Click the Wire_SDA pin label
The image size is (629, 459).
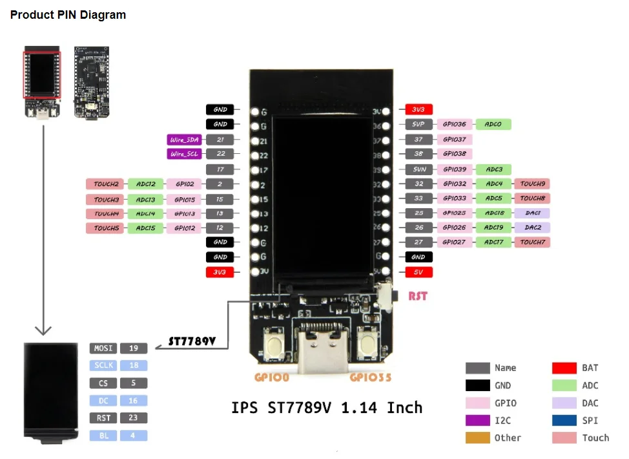coord(183,140)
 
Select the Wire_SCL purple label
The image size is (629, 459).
coord(183,154)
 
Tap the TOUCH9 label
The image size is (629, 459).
coord(533,184)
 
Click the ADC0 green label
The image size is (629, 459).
coord(493,124)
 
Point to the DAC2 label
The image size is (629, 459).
coord(533,228)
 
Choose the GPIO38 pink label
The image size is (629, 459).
coord(455,154)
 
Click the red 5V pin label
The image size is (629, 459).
coord(418,272)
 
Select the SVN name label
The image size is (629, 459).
coord(418,169)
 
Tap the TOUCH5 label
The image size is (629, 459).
coord(106,228)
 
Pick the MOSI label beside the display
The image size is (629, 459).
coord(103,348)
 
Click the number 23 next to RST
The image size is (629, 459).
coord(134,418)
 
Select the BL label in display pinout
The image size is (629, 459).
coord(103,436)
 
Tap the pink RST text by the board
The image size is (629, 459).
coord(418,297)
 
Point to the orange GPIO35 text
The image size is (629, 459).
coord(370,378)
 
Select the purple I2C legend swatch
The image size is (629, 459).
coord(477,420)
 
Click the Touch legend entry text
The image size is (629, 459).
coord(595,438)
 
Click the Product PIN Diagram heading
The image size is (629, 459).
coord(68,15)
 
